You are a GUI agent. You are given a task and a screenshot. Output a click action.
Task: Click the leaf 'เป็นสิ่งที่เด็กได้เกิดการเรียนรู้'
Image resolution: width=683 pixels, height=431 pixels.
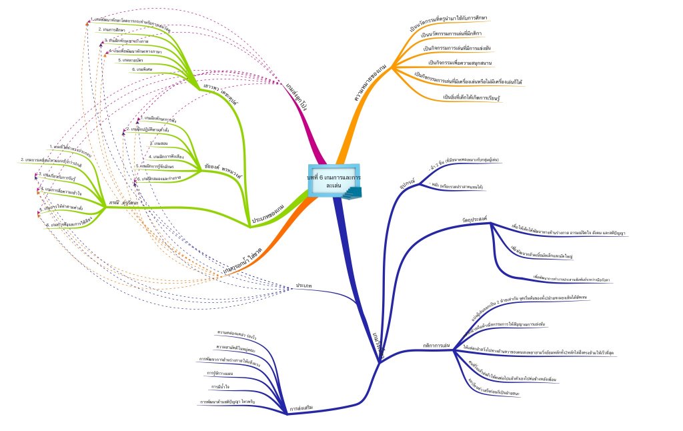click(x=472, y=97)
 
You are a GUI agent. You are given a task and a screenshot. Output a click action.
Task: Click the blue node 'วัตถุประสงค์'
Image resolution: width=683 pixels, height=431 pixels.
click(x=474, y=219)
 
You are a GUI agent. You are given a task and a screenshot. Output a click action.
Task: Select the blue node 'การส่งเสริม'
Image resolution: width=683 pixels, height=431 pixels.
click(x=301, y=408)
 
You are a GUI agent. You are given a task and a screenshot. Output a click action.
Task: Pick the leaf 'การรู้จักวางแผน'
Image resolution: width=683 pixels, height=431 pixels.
click(x=219, y=373)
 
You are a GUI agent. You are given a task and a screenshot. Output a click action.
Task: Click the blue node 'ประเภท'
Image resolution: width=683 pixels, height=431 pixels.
click(x=303, y=286)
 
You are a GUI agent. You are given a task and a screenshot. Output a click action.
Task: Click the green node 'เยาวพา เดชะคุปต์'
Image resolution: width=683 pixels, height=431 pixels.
click(x=221, y=90)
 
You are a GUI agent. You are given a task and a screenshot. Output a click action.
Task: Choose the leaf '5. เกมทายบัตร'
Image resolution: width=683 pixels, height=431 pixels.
click(x=131, y=59)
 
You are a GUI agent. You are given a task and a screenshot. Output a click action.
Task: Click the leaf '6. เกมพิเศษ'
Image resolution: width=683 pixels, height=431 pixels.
click(x=142, y=69)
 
